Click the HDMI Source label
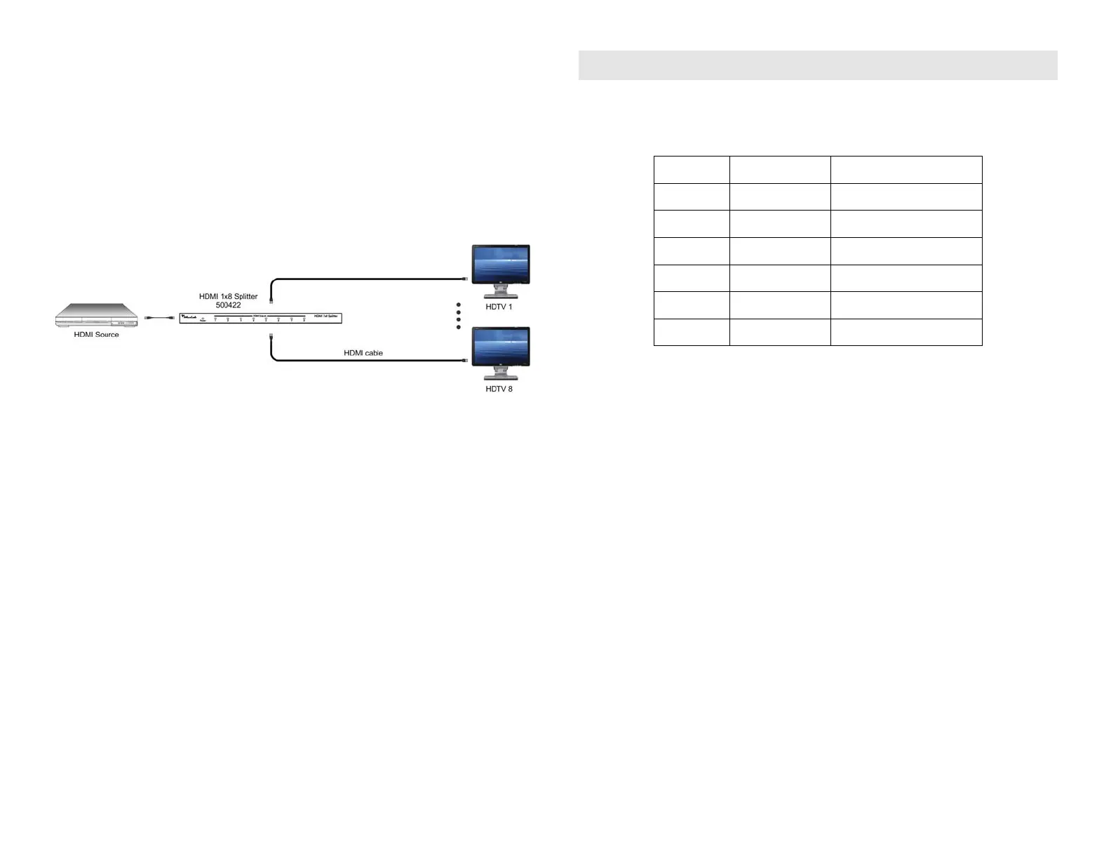(x=96, y=335)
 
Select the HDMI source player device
(x=96, y=315)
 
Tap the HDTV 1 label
(x=499, y=307)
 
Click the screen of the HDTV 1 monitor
(x=501, y=262)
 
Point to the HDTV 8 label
(x=499, y=389)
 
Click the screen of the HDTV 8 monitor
(x=501, y=345)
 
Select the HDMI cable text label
(x=363, y=353)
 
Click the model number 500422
(x=228, y=305)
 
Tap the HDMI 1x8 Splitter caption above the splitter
(x=228, y=296)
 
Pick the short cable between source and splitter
(x=159, y=318)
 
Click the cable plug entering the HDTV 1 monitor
(x=465, y=279)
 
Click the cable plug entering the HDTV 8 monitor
(x=465, y=361)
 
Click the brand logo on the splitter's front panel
(x=188, y=317)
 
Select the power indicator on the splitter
(x=203, y=319)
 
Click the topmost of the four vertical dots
(x=459, y=305)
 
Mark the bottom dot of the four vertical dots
(x=459, y=327)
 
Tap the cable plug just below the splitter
(x=271, y=336)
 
